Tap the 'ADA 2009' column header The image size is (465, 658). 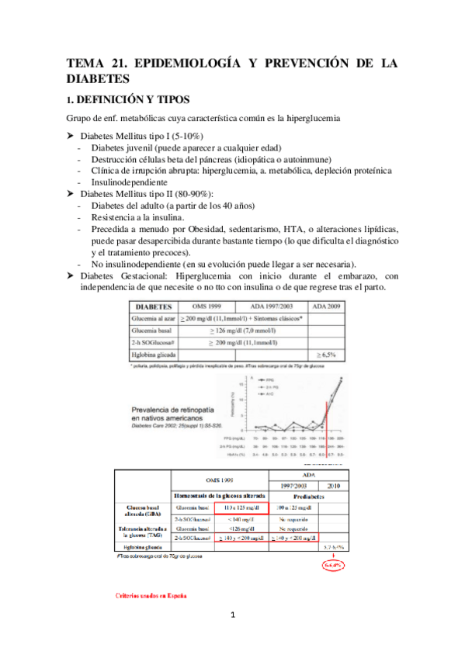click(328, 306)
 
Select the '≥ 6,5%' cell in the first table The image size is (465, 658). click(327, 354)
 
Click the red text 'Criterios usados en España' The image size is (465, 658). click(151, 596)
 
